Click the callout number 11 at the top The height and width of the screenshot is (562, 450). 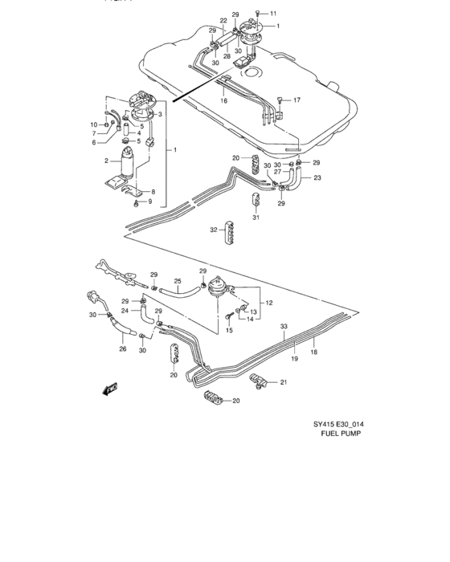click(x=273, y=14)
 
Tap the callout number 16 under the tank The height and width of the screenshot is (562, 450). click(x=223, y=102)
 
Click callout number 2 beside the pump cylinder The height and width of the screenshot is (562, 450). click(x=104, y=161)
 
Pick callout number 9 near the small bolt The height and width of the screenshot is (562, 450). click(x=149, y=201)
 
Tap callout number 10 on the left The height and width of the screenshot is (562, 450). click(x=93, y=124)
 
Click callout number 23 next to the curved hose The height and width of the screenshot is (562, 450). click(x=317, y=177)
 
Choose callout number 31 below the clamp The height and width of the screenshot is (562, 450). click(x=256, y=218)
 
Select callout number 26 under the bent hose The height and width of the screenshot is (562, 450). click(x=123, y=348)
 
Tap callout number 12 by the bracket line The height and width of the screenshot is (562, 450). click(x=268, y=303)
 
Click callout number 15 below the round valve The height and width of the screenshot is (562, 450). click(x=229, y=330)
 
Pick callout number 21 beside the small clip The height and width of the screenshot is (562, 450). click(x=282, y=384)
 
